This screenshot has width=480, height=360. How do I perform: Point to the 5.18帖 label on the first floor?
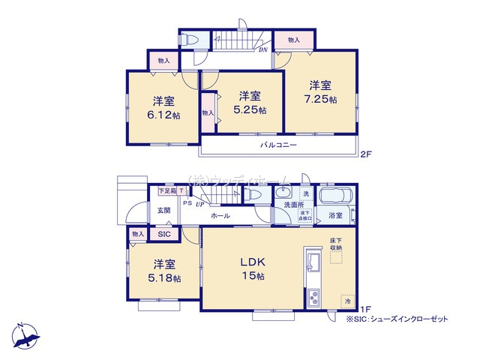(166, 271)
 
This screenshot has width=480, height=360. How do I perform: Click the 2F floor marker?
(365, 155)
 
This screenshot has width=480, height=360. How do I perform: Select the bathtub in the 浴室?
(334, 197)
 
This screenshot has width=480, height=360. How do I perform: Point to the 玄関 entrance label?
(163, 211)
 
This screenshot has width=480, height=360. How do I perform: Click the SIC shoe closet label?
(163, 234)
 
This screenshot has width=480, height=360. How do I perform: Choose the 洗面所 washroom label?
(293, 204)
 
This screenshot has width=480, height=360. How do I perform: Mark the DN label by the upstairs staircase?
(263, 50)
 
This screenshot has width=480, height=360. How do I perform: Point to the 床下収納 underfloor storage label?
(335, 243)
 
